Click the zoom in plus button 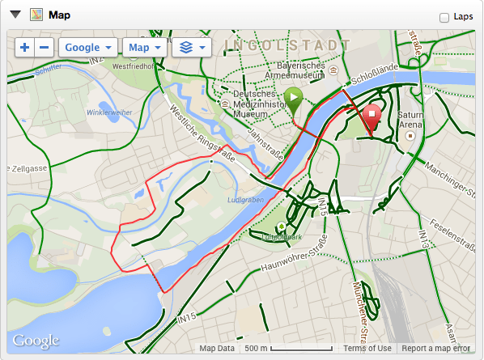click(x=25, y=48)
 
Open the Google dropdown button click(x=88, y=48)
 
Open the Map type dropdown click(x=145, y=48)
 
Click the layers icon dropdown click(x=192, y=48)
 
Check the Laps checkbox click(x=444, y=17)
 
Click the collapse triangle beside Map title click(x=14, y=15)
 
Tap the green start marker click(x=295, y=101)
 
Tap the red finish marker click(x=372, y=118)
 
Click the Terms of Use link click(x=367, y=349)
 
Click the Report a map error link click(x=435, y=349)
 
